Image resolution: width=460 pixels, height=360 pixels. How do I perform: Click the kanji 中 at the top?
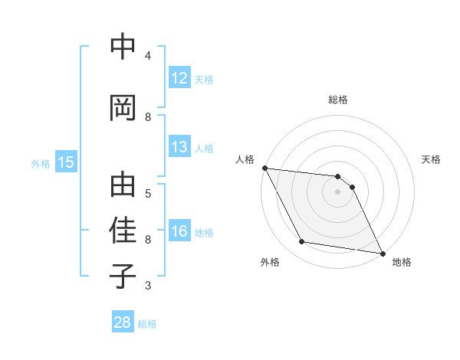[x=123, y=47]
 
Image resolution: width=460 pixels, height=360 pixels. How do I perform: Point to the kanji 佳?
[x=123, y=231]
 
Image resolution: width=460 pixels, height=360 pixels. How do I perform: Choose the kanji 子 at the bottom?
[x=123, y=276]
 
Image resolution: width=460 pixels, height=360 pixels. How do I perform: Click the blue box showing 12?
[x=179, y=78]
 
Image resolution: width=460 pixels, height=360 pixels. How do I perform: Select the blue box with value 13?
[x=179, y=147]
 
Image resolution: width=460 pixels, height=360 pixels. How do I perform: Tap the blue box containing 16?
[x=179, y=232]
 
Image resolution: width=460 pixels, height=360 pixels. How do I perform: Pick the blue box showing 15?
[x=65, y=162]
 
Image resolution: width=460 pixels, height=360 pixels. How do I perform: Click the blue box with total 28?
[x=123, y=322]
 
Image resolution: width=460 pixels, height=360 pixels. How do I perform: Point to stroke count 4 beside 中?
[x=147, y=55]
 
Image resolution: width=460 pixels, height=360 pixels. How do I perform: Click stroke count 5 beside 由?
[x=147, y=193]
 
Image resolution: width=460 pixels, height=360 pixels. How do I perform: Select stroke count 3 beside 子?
[x=147, y=285]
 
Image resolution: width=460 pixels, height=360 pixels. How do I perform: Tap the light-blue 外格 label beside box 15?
[x=41, y=163]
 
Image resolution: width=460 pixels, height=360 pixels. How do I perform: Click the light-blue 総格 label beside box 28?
[x=147, y=323]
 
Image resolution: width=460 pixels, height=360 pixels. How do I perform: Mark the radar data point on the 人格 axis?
[x=264, y=168]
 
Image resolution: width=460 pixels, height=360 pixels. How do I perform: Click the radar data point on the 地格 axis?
[x=382, y=253]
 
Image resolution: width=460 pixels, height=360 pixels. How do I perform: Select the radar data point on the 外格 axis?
[x=302, y=242]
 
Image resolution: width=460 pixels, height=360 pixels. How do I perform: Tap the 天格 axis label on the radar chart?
[x=432, y=159]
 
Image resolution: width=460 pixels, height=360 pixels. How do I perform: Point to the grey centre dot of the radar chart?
[x=337, y=191]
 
